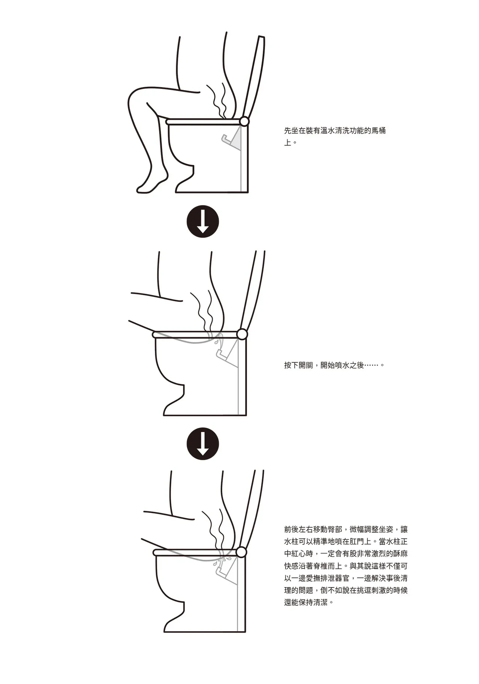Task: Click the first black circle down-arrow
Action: click(203, 221)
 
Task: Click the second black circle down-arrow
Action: click(203, 444)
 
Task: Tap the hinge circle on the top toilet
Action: click(244, 121)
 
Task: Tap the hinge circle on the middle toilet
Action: click(242, 334)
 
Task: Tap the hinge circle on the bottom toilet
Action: click(241, 552)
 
